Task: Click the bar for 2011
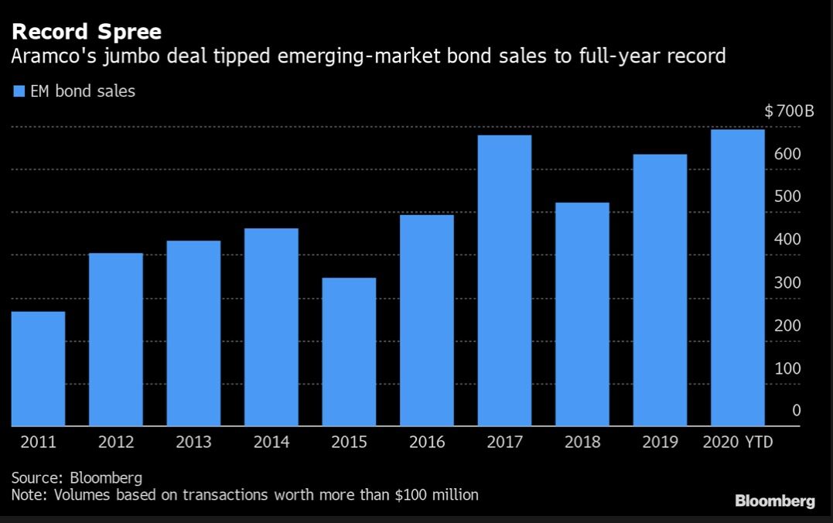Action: [38, 368]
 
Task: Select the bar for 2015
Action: [349, 351]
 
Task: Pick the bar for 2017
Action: [504, 280]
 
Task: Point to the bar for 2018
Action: [582, 314]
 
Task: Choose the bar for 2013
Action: [193, 333]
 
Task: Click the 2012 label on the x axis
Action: [116, 443]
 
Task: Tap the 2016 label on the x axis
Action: [427, 443]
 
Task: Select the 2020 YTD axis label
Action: [737, 443]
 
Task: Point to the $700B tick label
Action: [789, 112]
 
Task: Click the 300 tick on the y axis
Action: [787, 282]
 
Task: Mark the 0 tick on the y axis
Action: [796, 411]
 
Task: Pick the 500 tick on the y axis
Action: [787, 197]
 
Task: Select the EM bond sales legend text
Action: [83, 92]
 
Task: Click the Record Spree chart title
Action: [86, 32]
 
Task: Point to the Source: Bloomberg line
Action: [77, 477]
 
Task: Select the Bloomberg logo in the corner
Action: [774, 501]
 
